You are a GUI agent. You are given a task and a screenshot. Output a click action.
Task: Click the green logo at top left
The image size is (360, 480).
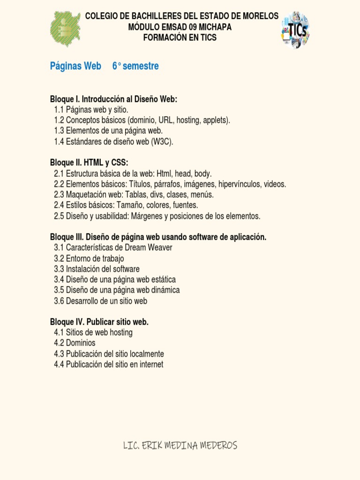click(x=65, y=29)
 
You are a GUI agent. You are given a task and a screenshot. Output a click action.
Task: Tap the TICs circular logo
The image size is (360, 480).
click(x=295, y=30)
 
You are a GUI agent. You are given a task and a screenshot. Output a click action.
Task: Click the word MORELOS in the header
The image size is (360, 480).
click(x=260, y=16)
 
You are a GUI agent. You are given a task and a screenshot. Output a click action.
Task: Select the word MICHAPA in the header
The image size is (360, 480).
click(x=215, y=27)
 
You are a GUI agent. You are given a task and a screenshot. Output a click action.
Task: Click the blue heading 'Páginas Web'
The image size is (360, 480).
click(x=75, y=66)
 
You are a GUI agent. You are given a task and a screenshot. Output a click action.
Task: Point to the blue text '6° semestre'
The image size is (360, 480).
click(x=135, y=66)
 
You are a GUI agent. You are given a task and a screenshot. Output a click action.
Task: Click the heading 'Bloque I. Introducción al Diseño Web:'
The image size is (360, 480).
click(x=113, y=99)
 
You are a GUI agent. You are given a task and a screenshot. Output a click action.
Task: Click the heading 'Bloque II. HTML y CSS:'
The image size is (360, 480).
click(x=89, y=163)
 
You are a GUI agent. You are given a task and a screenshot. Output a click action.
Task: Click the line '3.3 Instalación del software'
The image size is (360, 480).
click(x=97, y=269)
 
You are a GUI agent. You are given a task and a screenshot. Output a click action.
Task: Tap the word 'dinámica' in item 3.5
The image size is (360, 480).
click(x=165, y=290)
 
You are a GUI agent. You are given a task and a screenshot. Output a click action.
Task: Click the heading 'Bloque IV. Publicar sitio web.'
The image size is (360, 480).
click(x=99, y=322)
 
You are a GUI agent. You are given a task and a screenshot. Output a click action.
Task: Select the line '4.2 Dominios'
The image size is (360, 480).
click(x=75, y=343)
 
